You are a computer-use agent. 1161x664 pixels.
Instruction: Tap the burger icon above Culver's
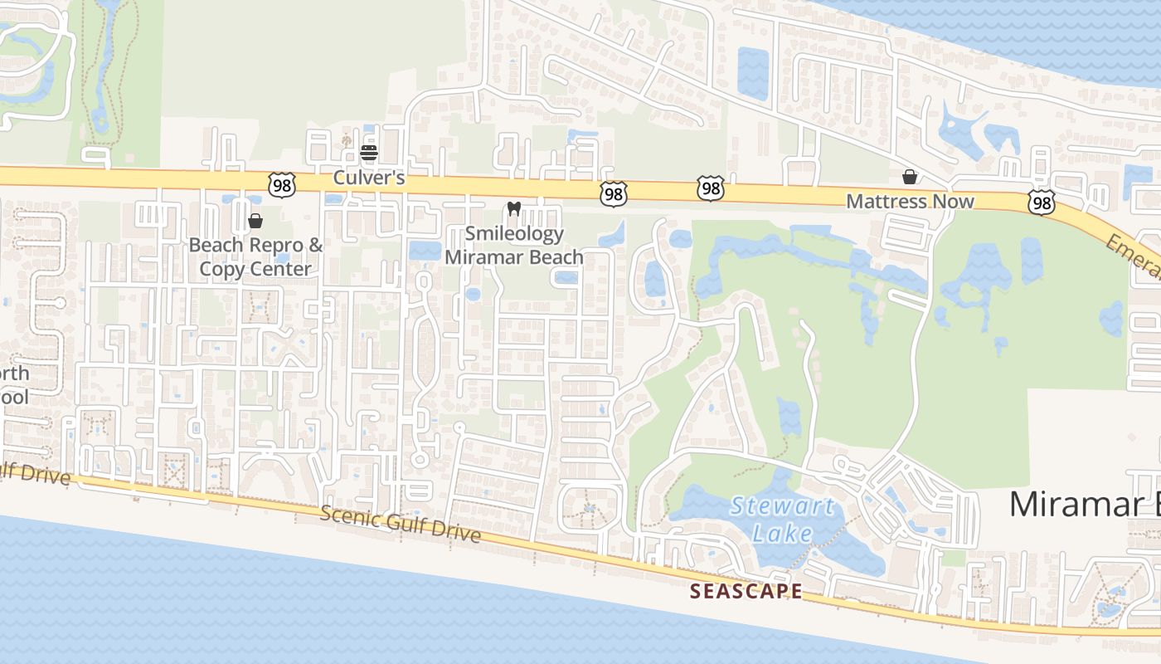(369, 153)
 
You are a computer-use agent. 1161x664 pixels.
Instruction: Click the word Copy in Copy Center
(220, 269)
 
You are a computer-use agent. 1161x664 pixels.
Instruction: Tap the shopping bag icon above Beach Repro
(255, 221)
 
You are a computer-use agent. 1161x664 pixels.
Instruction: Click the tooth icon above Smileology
(513, 209)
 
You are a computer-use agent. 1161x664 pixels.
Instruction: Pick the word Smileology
(515, 234)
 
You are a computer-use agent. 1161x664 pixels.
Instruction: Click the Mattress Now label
(910, 202)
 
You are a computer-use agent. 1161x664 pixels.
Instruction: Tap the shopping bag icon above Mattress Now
(910, 177)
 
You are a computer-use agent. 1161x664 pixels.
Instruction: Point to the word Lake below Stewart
(782, 532)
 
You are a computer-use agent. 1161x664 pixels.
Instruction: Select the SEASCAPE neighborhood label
(746, 591)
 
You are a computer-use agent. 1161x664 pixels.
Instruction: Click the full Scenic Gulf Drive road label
(401, 525)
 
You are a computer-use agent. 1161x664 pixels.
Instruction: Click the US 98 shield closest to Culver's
(282, 185)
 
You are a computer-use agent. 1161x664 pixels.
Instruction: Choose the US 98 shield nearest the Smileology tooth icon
(613, 194)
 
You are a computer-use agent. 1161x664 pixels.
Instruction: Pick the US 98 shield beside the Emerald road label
(1042, 201)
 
